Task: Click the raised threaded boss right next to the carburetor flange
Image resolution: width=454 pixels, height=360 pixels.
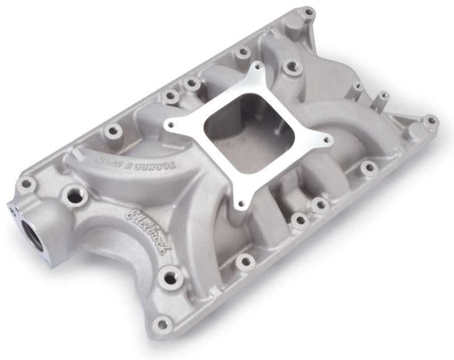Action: click(292, 66)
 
